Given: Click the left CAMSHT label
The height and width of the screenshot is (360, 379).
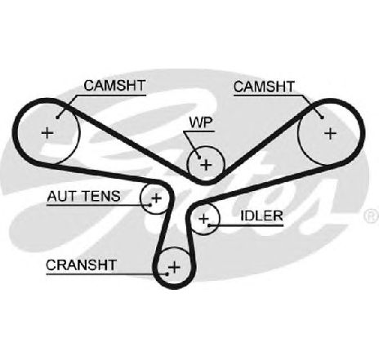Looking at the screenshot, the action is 114,86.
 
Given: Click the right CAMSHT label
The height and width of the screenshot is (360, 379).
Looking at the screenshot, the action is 264,87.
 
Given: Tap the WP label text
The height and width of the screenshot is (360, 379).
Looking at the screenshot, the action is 201,122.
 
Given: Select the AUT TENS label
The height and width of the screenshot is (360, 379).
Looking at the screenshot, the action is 83,196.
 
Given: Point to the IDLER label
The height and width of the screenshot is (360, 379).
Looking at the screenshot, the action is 261,216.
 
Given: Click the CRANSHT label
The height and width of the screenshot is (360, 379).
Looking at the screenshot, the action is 82,265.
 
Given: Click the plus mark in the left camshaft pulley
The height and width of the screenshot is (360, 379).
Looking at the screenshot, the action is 47,133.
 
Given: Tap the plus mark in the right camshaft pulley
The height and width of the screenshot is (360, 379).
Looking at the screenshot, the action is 331,134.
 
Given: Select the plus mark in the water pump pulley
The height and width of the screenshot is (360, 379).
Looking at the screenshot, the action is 206,165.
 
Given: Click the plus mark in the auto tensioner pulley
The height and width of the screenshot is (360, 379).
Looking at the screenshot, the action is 157,198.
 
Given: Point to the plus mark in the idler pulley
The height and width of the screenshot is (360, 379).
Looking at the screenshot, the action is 203,219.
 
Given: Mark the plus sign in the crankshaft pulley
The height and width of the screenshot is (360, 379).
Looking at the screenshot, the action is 174,267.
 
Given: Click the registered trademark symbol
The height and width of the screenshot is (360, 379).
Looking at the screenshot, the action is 372,216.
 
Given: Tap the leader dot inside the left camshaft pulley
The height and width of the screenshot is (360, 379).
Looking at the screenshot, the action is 57,118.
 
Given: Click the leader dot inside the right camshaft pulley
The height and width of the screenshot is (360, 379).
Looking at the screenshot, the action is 323,118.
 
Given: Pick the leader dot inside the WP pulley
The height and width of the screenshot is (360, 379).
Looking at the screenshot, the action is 199,157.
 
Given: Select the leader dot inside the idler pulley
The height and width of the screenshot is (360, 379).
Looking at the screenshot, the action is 209,225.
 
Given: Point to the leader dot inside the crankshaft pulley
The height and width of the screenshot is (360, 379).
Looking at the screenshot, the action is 167,274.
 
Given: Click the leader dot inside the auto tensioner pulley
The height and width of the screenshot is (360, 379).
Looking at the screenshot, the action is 150,205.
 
